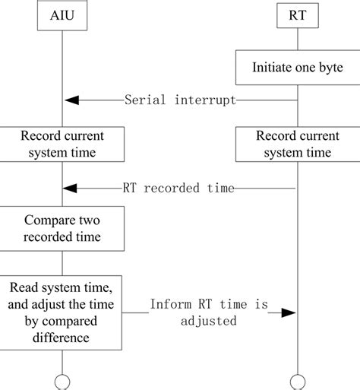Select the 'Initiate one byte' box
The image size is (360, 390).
[297, 68]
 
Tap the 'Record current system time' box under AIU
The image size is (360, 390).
[62, 144]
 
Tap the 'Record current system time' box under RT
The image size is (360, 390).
[297, 144]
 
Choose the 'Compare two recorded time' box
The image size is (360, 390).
[62, 230]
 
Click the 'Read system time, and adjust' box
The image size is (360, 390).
[62, 312]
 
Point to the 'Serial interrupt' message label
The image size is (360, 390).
[180, 100]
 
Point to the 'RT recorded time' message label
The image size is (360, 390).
[178, 188]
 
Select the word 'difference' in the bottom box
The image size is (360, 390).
[62, 338]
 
